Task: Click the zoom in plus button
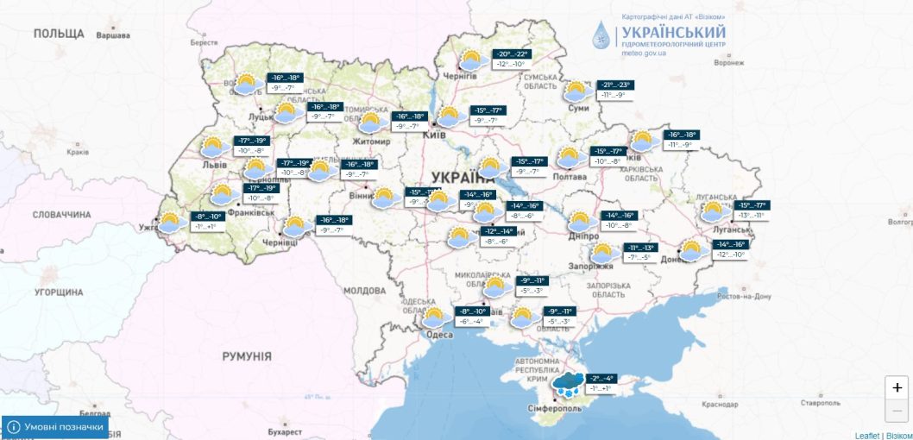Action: click(897, 387)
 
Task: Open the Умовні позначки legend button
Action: click(56, 427)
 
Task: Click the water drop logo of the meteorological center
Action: click(600, 35)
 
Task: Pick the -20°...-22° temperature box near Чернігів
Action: click(511, 53)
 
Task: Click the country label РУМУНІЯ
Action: click(246, 356)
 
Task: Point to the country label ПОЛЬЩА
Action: click(59, 34)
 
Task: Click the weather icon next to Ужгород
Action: click(172, 222)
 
